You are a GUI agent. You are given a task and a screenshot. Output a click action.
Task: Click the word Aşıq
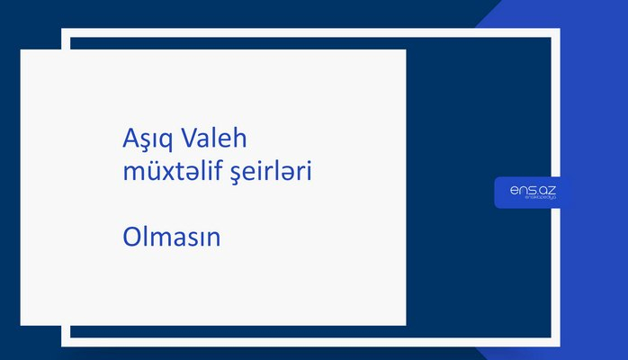[148, 140]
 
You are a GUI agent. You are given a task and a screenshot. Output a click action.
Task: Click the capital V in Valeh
[189, 139]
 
